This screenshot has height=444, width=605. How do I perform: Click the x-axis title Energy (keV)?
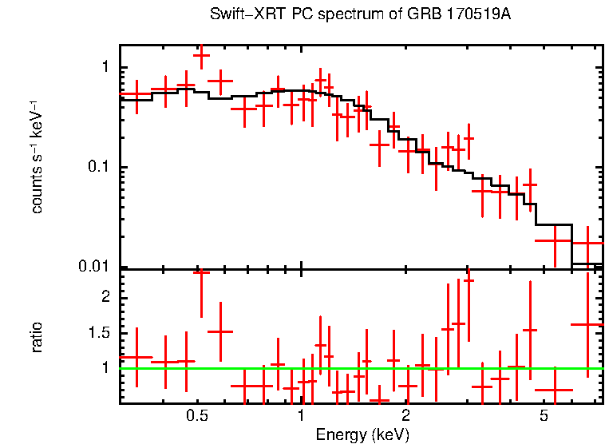(x=362, y=434)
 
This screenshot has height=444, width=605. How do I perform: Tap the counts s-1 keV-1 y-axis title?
(x=37, y=156)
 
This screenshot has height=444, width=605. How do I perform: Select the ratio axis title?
(x=37, y=336)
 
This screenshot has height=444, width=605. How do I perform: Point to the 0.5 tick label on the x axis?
(x=197, y=416)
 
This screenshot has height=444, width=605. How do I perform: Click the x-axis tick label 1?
(x=301, y=416)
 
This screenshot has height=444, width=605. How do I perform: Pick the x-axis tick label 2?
(x=405, y=416)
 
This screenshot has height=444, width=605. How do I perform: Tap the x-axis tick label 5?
(x=544, y=416)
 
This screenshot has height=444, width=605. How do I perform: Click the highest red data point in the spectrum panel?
(x=201, y=56)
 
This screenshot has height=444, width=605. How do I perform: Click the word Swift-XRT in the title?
(x=244, y=14)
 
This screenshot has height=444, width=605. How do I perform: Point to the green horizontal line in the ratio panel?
(x=359, y=368)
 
